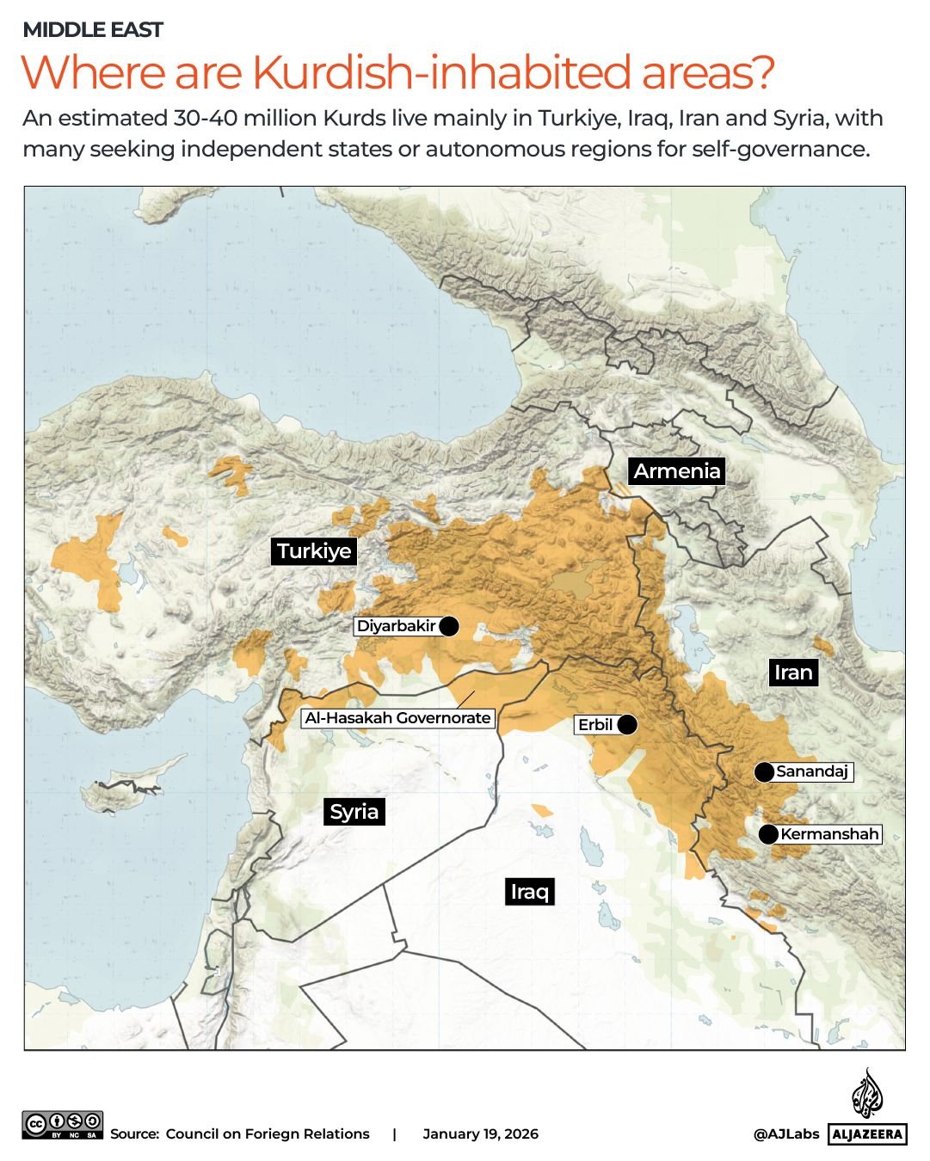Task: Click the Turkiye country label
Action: tap(314, 551)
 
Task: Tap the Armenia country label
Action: tap(676, 471)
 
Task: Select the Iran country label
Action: tap(792, 673)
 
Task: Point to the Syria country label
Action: tap(354, 812)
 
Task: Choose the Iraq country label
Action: tap(529, 892)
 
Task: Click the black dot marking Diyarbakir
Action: tap(448, 626)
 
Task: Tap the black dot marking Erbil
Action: tap(627, 725)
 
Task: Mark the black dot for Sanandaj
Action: tap(764, 772)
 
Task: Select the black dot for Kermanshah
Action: tap(768, 834)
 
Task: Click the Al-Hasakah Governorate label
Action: tap(397, 718)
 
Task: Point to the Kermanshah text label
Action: tap(829, 834)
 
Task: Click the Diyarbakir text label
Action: tap(396, 626)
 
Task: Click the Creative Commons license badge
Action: tap(63, 1125)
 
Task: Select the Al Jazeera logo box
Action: tap(868, 1134)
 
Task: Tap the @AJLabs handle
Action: tap(786, 1134)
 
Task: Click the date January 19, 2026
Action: tap(480, 1134)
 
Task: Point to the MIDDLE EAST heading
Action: tap(93, 30)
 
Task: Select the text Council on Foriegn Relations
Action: tap(267, 1134)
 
